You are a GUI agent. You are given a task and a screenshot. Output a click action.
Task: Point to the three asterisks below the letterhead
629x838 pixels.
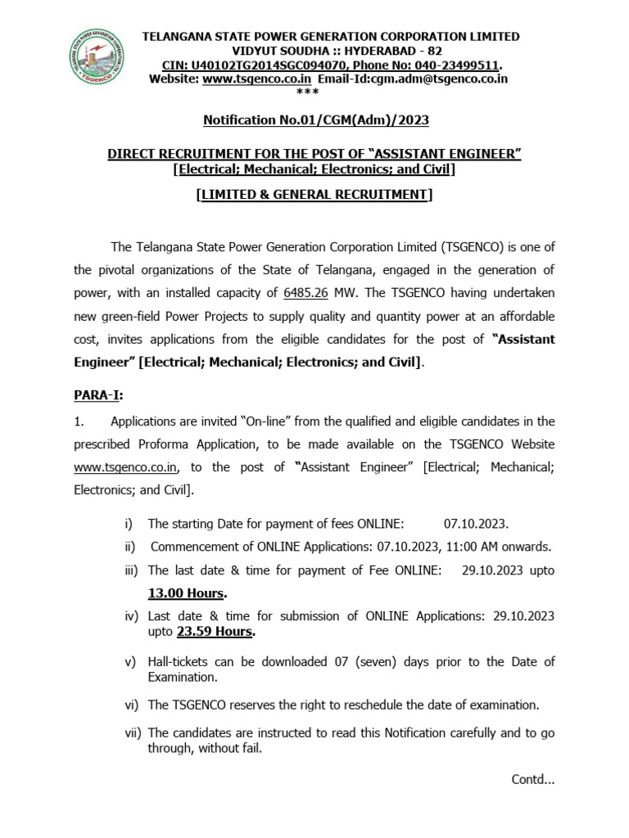click(315, 92)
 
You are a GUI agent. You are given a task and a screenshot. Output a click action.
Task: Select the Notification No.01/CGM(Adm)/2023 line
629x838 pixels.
click(315, 121)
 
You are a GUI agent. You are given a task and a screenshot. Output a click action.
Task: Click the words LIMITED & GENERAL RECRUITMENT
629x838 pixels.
click(315, 194)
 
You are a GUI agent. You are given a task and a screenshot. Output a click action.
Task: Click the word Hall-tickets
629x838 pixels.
click(178, 661)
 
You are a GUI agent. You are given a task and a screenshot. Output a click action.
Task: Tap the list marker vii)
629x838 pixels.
click(133, 733)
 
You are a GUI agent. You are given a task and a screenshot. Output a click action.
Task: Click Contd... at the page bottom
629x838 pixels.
click(532, 779)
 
